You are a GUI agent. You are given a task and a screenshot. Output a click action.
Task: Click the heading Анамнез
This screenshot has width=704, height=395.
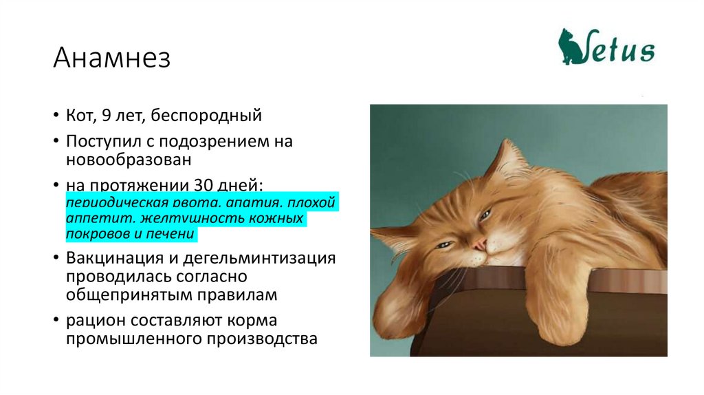click(x=111, y=58)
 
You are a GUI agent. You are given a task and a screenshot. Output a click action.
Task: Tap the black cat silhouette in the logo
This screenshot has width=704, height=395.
click(x=570, y=47)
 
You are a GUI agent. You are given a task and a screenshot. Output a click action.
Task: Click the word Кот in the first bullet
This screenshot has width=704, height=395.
click(x=80, y=116)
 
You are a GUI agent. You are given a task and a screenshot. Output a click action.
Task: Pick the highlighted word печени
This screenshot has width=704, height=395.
click(x=176, y=234)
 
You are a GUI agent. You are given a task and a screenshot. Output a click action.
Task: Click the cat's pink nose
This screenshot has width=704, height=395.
click(x=478, y=244)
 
